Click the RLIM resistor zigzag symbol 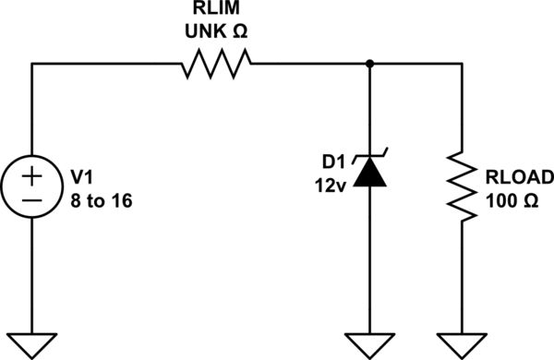click(216, 64)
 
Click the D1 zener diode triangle click(369, 173)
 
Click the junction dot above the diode click(369, 64)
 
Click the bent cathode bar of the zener click(369, 158)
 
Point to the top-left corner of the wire click(33, 64)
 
